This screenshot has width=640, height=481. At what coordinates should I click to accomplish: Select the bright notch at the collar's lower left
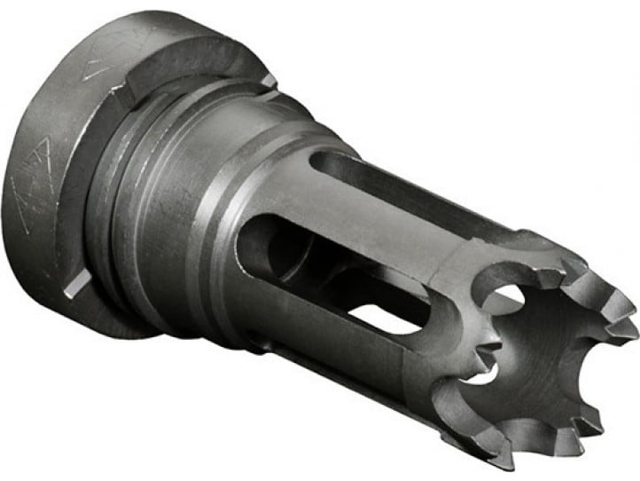[x=77, y=282]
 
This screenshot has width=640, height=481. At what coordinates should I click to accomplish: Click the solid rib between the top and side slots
[x=372, y=231]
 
